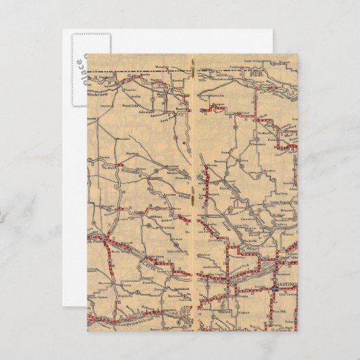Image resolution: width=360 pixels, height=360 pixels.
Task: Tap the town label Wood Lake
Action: (130, 106)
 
